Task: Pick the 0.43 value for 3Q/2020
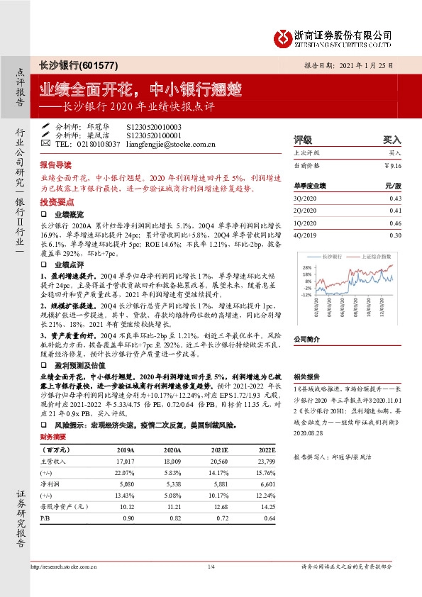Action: coord(395,198)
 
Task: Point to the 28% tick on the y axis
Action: coord(307,267)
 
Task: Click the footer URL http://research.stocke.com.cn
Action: coord(68,567)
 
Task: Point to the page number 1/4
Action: coord(211,567)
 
